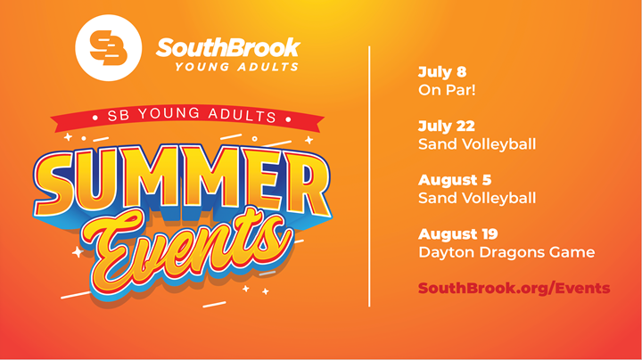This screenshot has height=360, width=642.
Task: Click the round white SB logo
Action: (x=109, y=48)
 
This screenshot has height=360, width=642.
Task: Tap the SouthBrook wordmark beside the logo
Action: (x=228, y=47)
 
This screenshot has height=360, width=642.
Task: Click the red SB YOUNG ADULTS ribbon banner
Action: (x=187, y=117)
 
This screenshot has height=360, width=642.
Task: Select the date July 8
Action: (x=442, y=72)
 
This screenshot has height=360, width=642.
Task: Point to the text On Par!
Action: (x=447, y=90)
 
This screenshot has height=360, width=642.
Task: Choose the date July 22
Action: (x=447, y=127)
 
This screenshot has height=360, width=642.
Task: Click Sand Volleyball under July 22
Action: (x=477, y=144)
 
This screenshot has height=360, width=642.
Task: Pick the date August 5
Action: (x=455, y=180)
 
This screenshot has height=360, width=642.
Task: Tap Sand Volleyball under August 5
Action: (x=477, y=199)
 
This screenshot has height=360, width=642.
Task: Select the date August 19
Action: (x=457, y=234)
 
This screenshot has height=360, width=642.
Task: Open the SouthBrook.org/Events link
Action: (x=514, y=289)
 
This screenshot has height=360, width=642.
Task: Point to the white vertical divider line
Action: (x=369, y=176)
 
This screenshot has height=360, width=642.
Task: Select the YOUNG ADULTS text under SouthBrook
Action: (x=236, y=67)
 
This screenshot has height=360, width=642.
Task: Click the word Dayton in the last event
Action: (x=447, y=252)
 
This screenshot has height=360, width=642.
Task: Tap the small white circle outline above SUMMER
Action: (x=255, y=139)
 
